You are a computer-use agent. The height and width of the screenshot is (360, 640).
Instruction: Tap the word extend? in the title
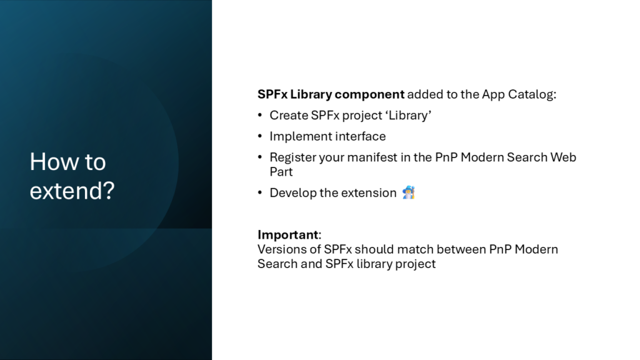coord(72,191)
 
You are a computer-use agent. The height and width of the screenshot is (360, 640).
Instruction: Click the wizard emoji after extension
coord(408,192)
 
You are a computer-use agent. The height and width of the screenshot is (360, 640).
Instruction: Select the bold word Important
coord(287,235)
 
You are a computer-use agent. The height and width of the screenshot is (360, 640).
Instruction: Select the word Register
coord(292,157)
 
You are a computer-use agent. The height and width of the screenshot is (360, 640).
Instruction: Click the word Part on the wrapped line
coord(281,172)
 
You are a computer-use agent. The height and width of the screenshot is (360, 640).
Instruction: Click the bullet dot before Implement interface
coord(260,136)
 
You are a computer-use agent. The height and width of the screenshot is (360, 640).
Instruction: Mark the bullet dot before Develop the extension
coord(260,192)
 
